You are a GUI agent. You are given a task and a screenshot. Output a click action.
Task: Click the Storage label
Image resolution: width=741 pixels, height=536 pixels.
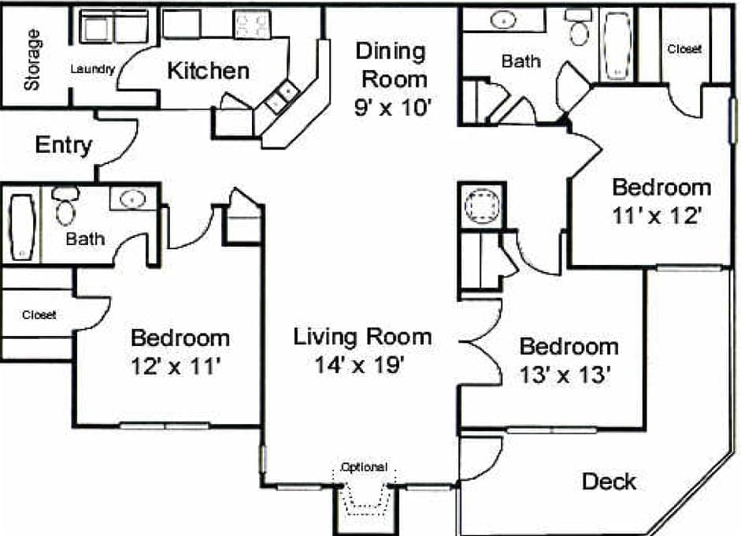[32, 61]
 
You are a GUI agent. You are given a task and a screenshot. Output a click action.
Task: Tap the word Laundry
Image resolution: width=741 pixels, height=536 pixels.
[93, 69]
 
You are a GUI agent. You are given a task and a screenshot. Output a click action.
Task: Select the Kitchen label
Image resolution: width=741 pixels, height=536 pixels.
[208, 70]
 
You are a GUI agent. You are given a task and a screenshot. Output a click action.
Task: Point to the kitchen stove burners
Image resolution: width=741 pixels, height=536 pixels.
[253, 25]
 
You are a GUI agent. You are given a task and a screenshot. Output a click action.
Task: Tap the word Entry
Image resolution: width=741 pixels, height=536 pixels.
[64, 145]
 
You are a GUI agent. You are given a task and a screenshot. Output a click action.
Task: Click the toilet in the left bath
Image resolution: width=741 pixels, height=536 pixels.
[65, 207]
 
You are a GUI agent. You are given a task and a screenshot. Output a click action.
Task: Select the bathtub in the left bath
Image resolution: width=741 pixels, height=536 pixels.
[21, 227]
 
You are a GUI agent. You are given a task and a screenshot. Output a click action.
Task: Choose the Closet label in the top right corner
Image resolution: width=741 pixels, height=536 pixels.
[684, 49]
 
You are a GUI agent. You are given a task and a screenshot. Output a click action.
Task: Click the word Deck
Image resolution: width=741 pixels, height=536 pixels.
[609, 481]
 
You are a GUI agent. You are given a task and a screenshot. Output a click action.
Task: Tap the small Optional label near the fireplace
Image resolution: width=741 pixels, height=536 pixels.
[363, 467]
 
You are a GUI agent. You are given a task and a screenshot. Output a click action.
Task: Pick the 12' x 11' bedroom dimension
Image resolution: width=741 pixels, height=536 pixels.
[180, 366]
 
